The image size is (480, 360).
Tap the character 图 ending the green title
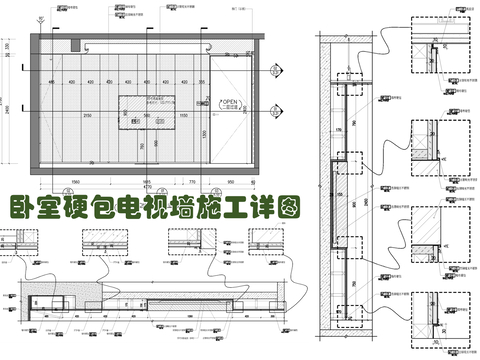pos(287,208)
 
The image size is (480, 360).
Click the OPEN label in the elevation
pos(229,103)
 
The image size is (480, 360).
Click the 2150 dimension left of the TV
pos(88,116)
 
